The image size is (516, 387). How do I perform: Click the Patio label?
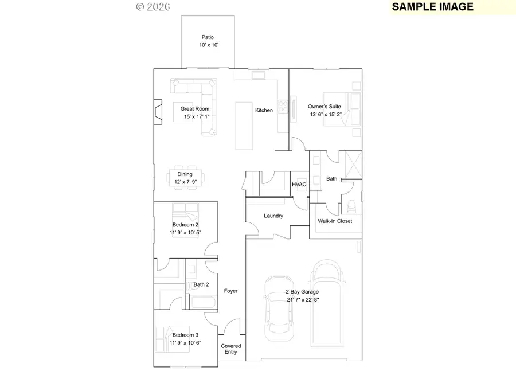tap(207, 37)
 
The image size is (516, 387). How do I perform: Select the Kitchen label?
tap(264, 110)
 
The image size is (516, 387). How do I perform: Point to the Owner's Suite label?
tap(325, 107)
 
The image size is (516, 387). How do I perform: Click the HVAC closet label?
tap(299, 185)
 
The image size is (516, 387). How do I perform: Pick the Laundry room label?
tap(273, 216)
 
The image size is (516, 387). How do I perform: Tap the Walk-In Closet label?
tap(335, 221)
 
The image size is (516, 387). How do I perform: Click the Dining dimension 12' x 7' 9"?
tap(185, 182)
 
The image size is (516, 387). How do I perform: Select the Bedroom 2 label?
tap(185, 225)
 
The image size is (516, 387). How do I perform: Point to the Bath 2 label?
tap(201, 284)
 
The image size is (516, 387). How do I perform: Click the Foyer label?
tap(230, 291)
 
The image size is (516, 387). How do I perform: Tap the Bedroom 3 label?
tap(185, 335)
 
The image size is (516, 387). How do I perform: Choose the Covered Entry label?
tap(231, 349)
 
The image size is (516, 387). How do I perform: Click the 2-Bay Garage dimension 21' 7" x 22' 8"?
tap(303, 299)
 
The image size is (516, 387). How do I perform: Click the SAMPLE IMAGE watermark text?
tap(433, 7)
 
